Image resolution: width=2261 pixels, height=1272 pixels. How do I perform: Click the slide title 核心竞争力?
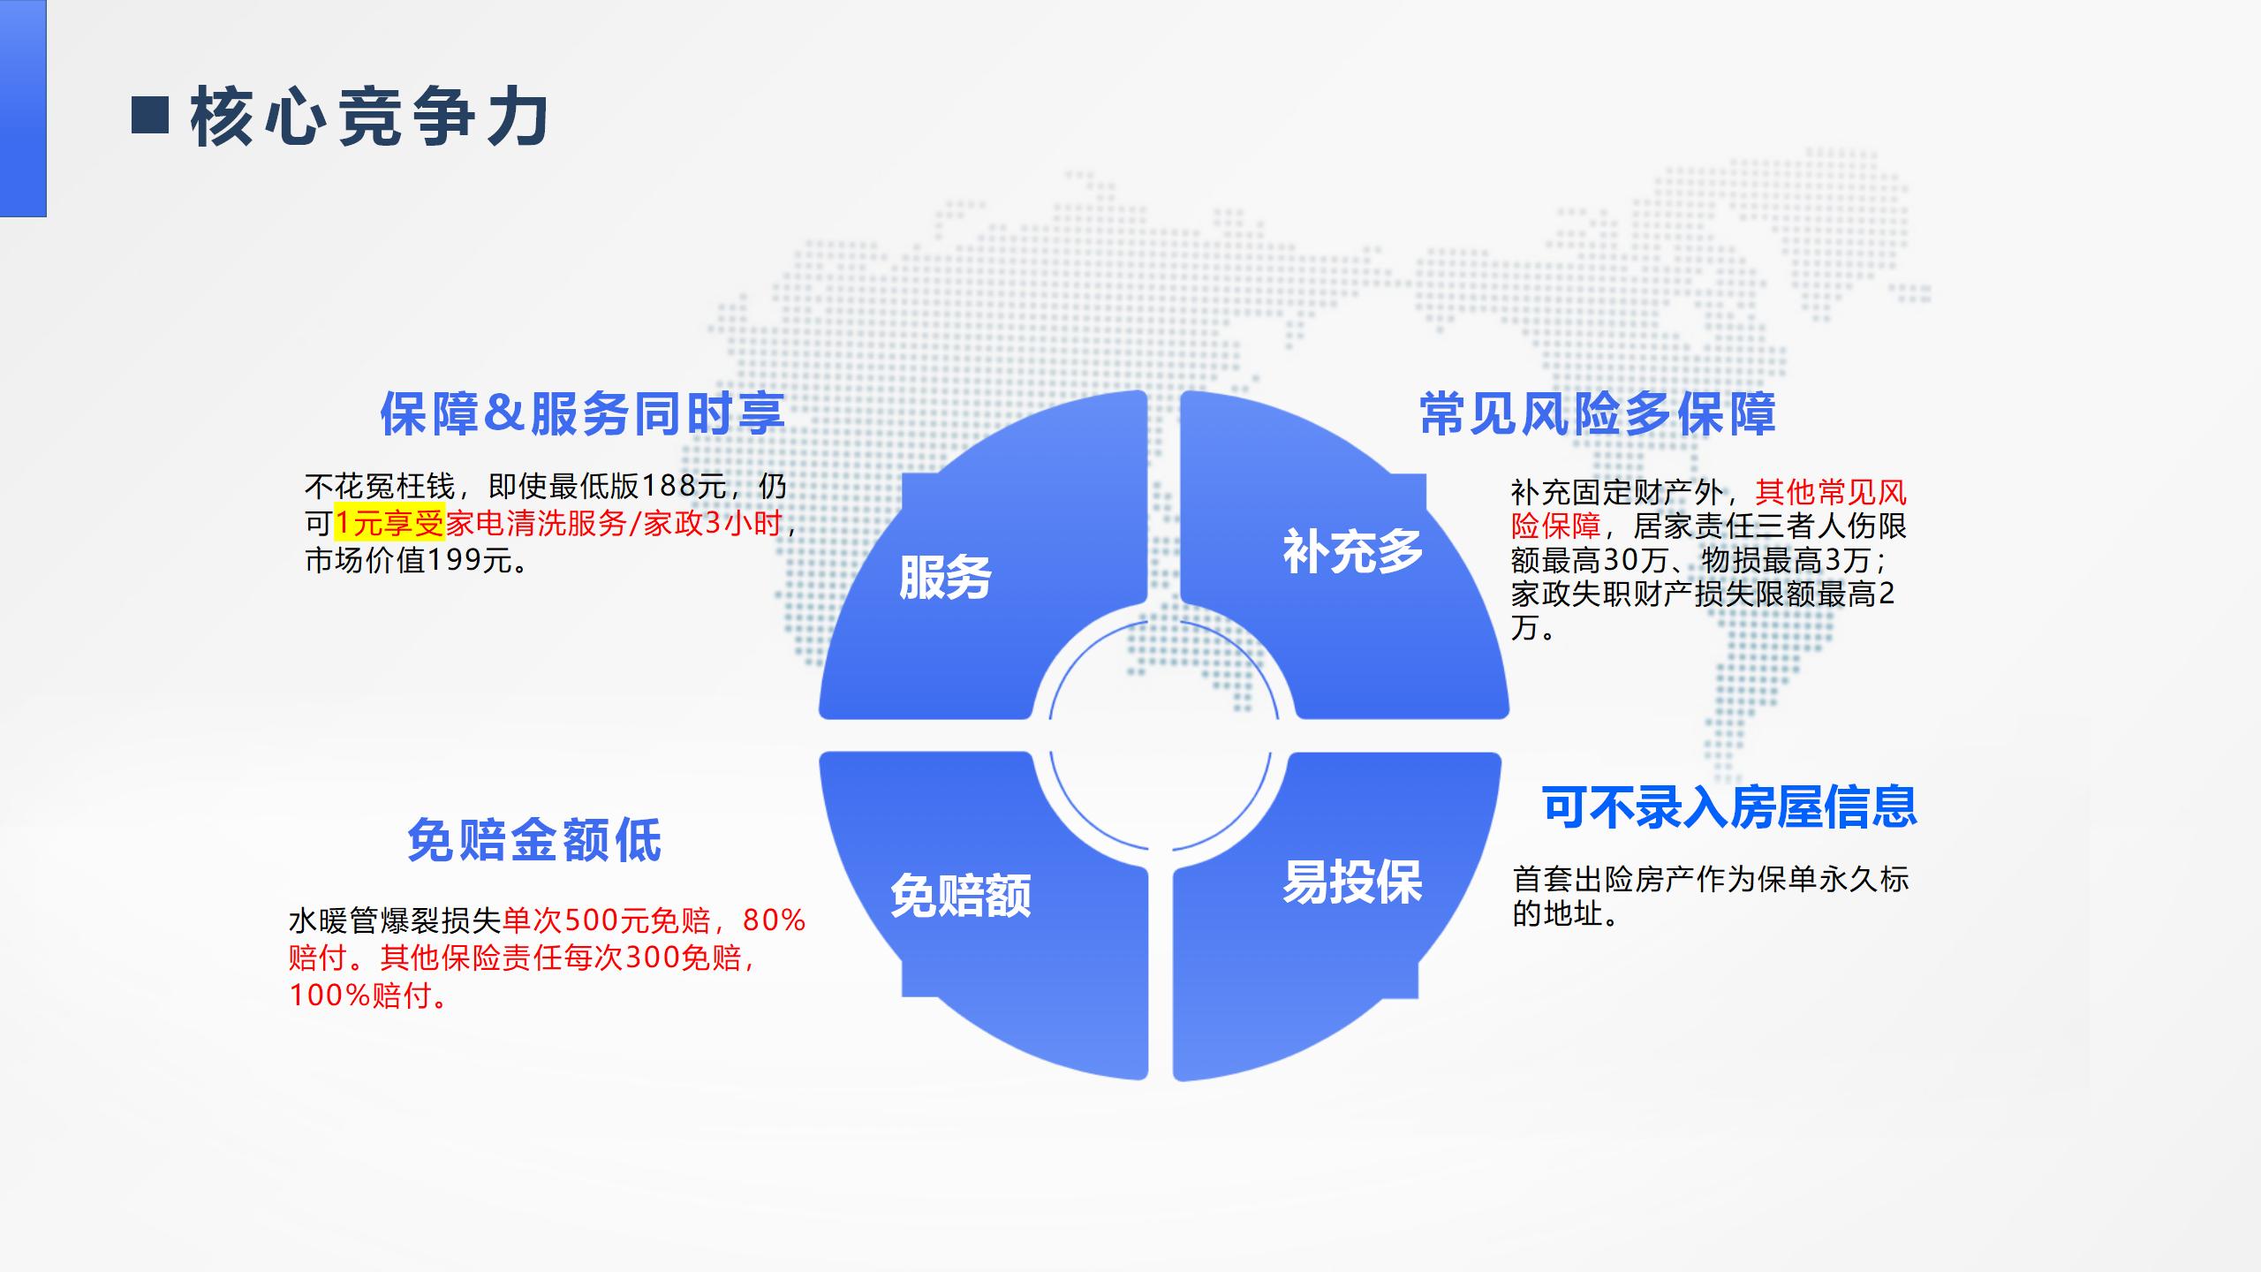click(x=370, y=117)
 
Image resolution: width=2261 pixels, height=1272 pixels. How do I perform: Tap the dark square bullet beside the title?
click(x=150, y=115)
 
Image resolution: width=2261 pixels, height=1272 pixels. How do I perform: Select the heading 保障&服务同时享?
click(x=582, y=413)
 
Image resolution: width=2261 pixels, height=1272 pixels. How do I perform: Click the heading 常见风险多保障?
click(x=1598, y=413)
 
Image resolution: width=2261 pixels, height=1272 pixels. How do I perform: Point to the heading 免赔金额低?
click(x=534, y=839)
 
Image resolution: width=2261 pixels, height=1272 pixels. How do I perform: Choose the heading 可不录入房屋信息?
click(x=1729, y=806)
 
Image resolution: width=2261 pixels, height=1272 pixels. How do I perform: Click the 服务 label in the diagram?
click(x=945, y=578)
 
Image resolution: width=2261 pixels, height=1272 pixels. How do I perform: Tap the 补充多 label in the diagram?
click(x=1353, y=552)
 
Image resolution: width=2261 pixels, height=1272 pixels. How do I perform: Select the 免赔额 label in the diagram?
click(x=961, y=896)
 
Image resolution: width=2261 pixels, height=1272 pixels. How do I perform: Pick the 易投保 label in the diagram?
click(x=1352, y=882)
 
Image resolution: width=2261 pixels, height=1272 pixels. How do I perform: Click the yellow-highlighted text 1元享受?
click(x=389, y=524)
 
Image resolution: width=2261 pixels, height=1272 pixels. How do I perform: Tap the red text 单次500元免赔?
click(x=607, y=920)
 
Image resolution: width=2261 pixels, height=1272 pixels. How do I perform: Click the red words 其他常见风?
click(x=1831, y=492)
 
